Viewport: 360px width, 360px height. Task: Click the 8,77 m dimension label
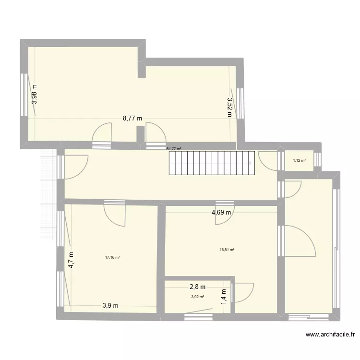(x=132, y=118)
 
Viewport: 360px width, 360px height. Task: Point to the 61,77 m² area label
(x=174, y=149)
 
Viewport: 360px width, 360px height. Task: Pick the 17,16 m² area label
(x=112, y=257)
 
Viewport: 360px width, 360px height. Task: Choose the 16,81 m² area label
(x=227, y=250)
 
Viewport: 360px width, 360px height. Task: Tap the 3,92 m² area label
(x=197, y=297)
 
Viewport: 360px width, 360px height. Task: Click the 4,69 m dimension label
(x=221, y=212)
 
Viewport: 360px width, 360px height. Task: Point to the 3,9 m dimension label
(x=110, y=305)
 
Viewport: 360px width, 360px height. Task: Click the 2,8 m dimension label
(x=197, y=287)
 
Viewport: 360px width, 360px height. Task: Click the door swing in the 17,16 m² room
(x=115, y=214)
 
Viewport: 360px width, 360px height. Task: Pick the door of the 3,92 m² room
(x=243, y=293)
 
